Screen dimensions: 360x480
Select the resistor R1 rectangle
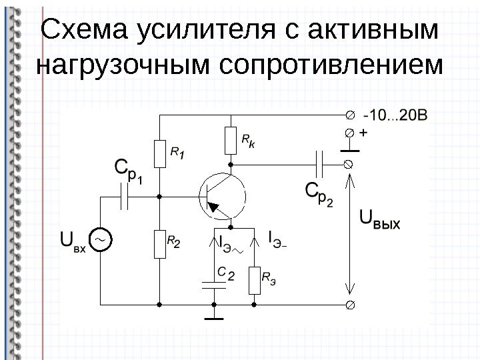click(160, 154)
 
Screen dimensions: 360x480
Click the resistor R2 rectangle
click(160, 243)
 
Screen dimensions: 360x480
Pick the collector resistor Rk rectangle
click(230, 140)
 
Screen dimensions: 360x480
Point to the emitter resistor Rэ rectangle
click(254, 281)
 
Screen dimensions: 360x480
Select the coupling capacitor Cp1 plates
click(125, 197)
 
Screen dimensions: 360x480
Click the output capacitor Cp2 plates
click(320, 163)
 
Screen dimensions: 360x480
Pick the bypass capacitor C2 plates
click(215, 285)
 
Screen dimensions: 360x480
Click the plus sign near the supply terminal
click(363, 133)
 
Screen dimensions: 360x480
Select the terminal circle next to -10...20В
click(349, 115)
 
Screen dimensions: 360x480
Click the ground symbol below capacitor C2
click(215, 318)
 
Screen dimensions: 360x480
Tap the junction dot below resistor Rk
click(230, 163)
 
